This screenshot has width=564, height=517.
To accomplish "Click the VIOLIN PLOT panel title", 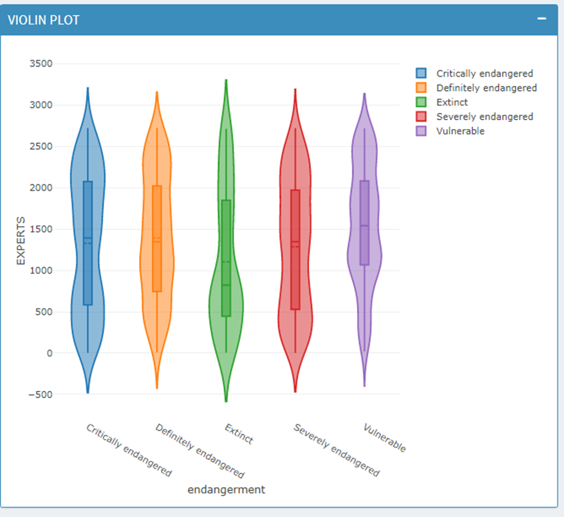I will [x=43, y=20].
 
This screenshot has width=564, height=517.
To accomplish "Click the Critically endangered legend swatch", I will [x=421, y=73].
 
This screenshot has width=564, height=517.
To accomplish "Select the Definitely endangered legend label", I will [x=486, y=88].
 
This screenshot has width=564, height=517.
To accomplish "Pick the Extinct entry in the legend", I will [x=452, y=102].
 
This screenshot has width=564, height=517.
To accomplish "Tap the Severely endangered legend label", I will [x=484, y=116].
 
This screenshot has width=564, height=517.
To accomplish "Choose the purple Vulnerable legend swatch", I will [x=421, y=131].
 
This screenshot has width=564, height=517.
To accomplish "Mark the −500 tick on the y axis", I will [x=40, y=395].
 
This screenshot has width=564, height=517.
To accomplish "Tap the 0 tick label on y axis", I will [x=50, y=353].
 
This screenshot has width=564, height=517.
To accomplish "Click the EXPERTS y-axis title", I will [x=20, y=241].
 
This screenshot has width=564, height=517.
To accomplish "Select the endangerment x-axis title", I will [x=226, y=489].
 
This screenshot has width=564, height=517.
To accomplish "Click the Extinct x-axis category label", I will [x=239, y=434].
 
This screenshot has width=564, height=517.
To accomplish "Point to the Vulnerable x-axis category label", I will [x=385, y=438].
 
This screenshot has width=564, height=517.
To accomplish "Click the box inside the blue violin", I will [x=88, y=270].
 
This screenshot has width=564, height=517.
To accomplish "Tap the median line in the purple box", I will [x=364, y=226].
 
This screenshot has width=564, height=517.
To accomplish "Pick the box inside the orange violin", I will [x=157, y=270].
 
